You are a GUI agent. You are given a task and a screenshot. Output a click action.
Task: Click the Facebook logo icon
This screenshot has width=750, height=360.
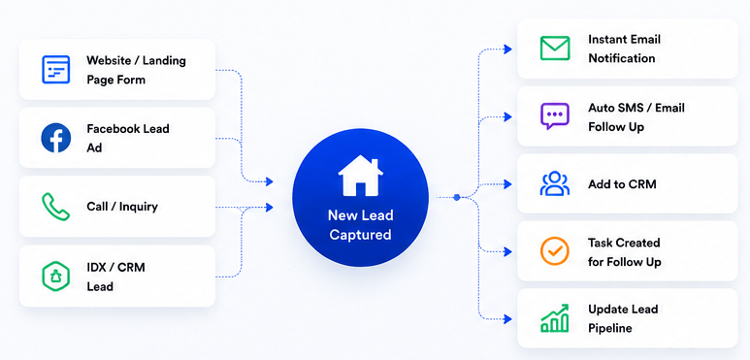(x=56, y=138)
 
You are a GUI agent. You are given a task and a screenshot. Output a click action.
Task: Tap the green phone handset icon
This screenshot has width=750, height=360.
(x=56, y=207)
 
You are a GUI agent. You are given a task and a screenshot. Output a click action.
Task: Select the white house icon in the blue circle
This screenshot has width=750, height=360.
(x=361, y=177)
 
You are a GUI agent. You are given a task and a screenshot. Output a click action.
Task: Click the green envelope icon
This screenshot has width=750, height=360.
(x=555, y=49)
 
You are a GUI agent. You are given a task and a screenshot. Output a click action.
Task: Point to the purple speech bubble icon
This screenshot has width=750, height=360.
(x=555, y=116)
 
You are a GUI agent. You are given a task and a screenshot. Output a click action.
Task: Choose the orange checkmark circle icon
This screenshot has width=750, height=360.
(x=555, y=251)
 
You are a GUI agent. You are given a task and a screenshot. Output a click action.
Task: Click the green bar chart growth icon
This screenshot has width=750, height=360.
(x=555, y=318)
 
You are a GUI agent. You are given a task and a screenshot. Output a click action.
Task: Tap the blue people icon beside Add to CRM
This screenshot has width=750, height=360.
(x=555, y=183)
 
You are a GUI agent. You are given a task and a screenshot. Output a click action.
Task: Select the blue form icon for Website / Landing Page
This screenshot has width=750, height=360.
(x=56, y=69)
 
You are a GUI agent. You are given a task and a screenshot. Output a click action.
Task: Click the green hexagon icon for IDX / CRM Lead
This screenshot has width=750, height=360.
(x=56, y=277)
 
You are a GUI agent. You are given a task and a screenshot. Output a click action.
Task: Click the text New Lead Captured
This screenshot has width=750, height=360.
(x=361, y=225)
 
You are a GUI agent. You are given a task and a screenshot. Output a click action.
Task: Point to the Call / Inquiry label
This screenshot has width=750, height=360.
(x=122, y=207)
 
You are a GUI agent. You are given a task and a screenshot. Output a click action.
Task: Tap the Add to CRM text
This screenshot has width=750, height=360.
(x=622, y=184)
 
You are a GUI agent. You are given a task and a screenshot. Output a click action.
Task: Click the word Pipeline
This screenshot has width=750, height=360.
(x=610, y=328)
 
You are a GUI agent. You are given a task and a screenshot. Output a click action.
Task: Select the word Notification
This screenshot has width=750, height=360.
(x=621, y=58)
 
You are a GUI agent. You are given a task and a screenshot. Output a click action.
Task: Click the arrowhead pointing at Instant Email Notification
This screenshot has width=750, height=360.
(x=508, y=49)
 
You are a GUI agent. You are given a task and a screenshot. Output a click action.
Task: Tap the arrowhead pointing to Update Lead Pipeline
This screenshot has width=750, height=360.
(x=508, y=319)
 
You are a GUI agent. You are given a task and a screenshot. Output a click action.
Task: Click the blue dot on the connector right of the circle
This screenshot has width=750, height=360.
(x=457, y=197)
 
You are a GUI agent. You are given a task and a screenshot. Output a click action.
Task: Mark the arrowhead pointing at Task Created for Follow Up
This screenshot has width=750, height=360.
(x=508, y=251)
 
